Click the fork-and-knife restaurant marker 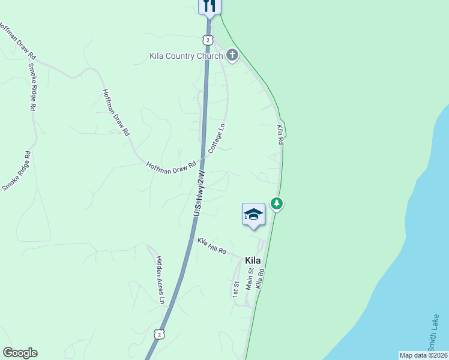tap(209, 6)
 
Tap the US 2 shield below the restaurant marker tap(207, 40)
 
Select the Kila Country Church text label tap(186, 56)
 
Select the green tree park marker tap(276, 204)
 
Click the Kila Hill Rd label tap(212, 245)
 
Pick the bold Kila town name tap(253, 260)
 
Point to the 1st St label tap(236, 288)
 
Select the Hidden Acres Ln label tap(160, 278)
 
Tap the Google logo tap(20, 353)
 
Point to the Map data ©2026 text tap(423, 355)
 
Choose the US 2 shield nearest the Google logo tap(158, 333)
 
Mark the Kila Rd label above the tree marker tap(280, 134)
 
